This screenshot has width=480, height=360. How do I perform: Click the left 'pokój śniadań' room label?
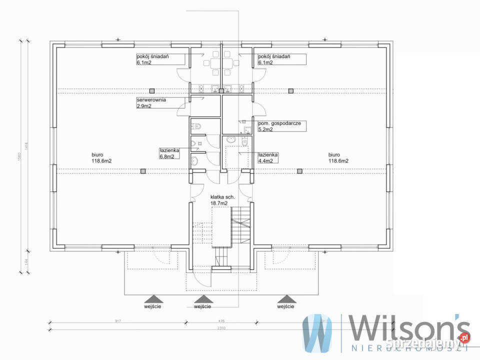[x=152, y=59]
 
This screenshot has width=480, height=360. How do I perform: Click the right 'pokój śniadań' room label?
[x=274, y=59]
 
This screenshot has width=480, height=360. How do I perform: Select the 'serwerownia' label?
[x=151, y=103]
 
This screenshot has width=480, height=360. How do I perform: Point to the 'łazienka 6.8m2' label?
[x=167, y=153]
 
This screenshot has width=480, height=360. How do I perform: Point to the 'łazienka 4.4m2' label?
[x=268, y=157]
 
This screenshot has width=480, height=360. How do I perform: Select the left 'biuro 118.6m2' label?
[x=101, y=157]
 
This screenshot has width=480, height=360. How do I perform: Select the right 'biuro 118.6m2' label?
[x=338, y=157]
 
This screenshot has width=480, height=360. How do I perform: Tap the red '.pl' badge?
[x=463, y=338]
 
